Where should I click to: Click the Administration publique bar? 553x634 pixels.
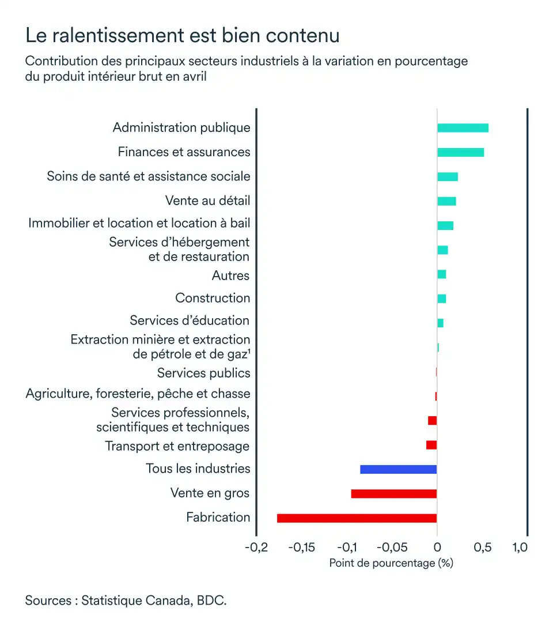[x=463, y=128]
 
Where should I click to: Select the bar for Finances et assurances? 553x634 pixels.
[x=460, y=152]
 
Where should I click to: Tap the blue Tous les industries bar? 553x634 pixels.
[x=399, y=469]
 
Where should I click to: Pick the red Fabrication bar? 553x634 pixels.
[x=357, y=518]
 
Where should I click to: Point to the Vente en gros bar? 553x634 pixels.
[x=394, y=493]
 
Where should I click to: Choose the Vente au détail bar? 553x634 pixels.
[x=446, y=201]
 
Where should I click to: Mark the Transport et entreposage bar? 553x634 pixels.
[x=431, y=445]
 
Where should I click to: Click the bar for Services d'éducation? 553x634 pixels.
[x=440, y=323]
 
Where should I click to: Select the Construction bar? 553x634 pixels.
[x=441, y=299]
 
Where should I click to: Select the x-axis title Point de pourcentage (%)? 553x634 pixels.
[x=391, y=563]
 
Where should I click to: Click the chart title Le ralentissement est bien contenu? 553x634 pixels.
[x=183, y=36]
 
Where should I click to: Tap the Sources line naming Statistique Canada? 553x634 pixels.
[x=126, y=601]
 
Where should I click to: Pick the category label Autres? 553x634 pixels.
[x=230, y=276]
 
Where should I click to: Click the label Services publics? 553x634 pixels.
[x=204, y=373]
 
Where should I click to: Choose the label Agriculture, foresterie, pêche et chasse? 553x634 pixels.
[x=138, y=394]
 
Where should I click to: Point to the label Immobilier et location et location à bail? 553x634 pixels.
[x=139, y=223]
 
